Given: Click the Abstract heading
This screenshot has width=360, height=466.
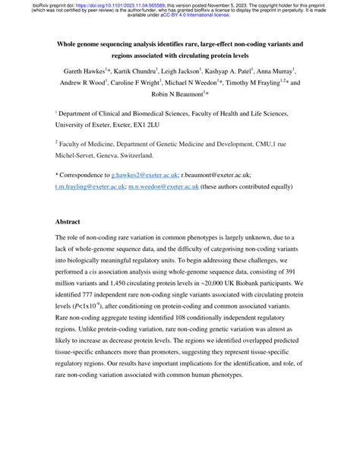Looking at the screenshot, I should click(x=71, y=222).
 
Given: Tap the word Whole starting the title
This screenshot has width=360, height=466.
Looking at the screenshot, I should click(x=71, y=44).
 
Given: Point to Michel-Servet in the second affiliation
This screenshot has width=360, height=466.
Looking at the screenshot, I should click(x=78, y=154).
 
